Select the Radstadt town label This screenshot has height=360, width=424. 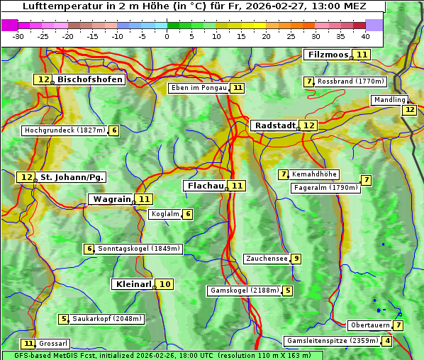pos(274,125)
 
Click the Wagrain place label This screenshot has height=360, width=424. pos(112,199)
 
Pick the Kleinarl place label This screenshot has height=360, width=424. pos(133,284)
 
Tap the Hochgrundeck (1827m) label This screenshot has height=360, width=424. pos(65,130)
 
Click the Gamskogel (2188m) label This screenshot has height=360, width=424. pos(245,291)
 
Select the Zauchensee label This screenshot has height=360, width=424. pos(267,259)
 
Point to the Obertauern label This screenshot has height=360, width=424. pos(370,325)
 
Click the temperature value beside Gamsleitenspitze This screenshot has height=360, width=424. pos(386,341)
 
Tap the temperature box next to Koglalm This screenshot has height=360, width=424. pos(187,214)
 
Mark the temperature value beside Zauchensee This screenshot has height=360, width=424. pos(296,259)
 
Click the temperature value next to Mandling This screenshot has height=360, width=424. pos(409,110)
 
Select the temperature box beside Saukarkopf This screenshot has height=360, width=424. pos(64,319)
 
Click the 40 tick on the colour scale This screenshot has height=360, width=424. pos(365,36)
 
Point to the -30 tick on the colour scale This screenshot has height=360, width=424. pos(18,36)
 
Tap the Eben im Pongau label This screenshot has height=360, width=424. pos(199,88)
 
